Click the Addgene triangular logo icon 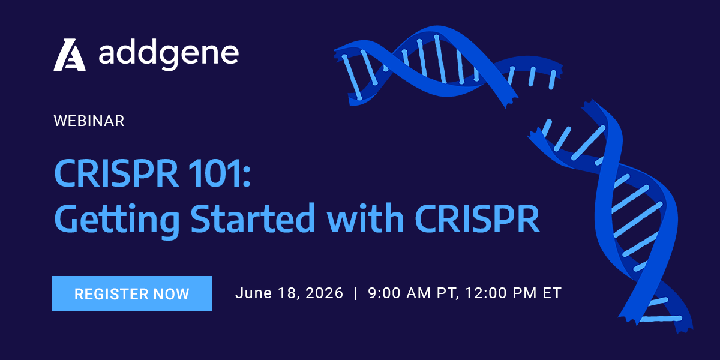(x=70, y=55)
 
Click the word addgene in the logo (x=169, y=55)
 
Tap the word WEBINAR (x=89, y=121)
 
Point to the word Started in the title (x=253, y=218)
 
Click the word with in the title (x=365, y=218)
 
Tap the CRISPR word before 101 (x=116, y=173)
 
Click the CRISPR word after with (x=478, y=218)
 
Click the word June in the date (x=254, y=293)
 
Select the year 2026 (x=325, y=293)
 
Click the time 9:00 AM (x=398, y=293)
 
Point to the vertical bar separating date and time (x=355, y=293)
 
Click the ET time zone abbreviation (x=552, y=293)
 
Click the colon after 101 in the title (x=247, y=178)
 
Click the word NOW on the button (x=172, y=294)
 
